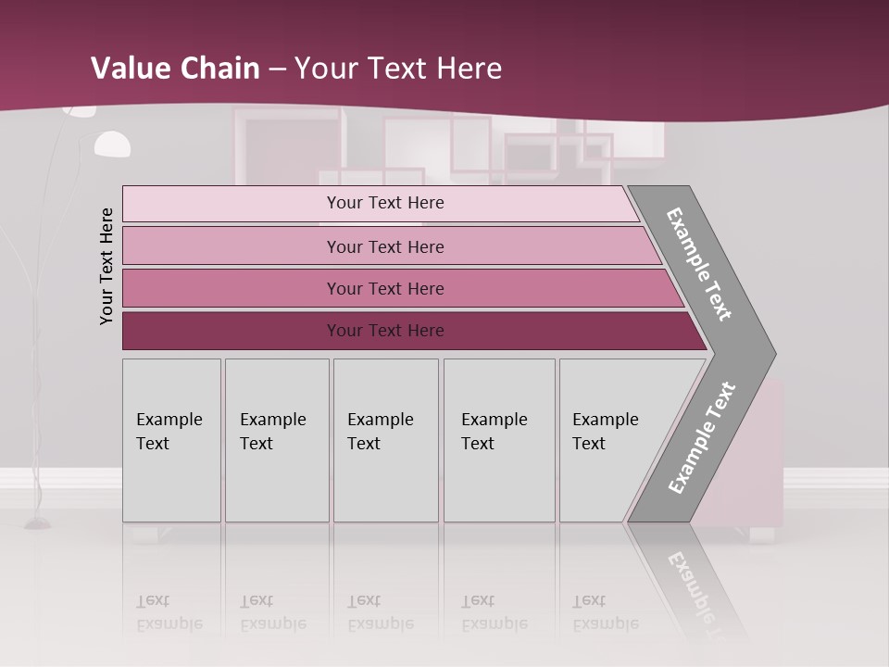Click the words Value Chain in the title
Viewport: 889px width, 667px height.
(x=175, y=68)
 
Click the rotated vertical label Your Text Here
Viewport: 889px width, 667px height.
(x=106, y=266)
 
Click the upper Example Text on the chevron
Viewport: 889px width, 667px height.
(x=699, y=264)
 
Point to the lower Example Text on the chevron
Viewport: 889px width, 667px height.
(x=701, y=438)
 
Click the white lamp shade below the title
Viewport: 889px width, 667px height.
(x=113, y=144)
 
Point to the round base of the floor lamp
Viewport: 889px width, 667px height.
(x=38, y=524)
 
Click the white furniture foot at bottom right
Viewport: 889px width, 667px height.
(x=762, y=535)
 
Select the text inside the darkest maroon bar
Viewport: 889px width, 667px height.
(x=385, y=331)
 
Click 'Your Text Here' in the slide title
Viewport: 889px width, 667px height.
(x=398, y=68)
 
